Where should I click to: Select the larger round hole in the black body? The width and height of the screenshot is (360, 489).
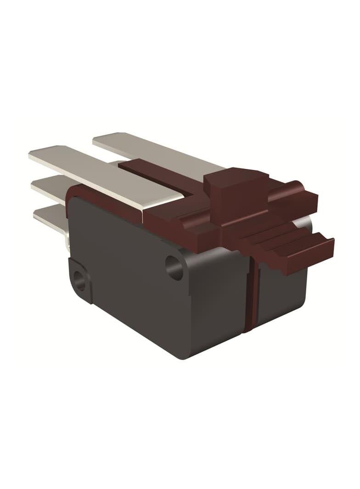(174, 267)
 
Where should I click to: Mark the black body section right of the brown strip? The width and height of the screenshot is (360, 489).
(280, 294)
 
